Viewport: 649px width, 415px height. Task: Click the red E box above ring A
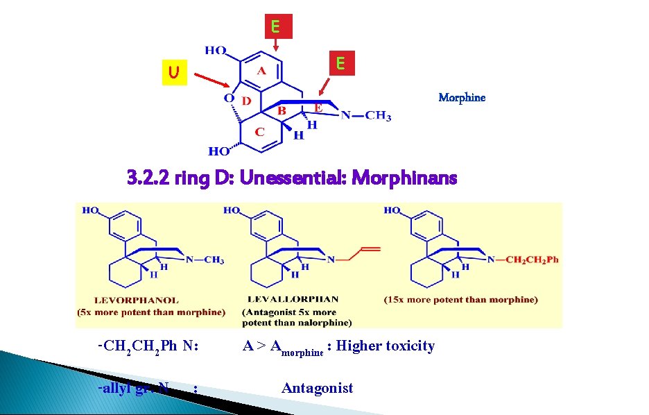pyautogui.click(x=275, y=27)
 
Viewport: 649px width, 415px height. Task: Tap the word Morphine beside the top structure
pyautogui.click(x=462, y=98)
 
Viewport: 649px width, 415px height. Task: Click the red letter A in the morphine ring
pyautogui.click(x=261, y=70)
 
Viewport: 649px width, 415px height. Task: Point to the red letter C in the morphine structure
pyautogui.click(x=259, y=131)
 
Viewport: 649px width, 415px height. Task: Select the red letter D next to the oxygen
pyautogui.click(x=246, y=101)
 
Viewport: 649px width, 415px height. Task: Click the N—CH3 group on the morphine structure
pyautogui.click(x=366, y=116)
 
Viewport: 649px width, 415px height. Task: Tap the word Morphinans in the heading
pyautogui.click(x=404, y=179)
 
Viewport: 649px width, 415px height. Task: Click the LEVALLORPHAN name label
pyautogui.click(x=294, y=300)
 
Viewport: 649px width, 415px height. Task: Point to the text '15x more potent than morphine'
pyautogui.click(x=461, y=300)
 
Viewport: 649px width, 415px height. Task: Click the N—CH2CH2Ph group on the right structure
pyautogui.click(x=522, y=260)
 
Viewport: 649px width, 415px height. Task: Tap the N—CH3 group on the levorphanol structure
pyautogui.click(x=205, y=260)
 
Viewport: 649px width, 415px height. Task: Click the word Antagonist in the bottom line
pyautogui.click(x=317, y=388)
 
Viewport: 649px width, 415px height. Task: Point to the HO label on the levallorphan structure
pyautogui.click(x=232, y=210)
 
